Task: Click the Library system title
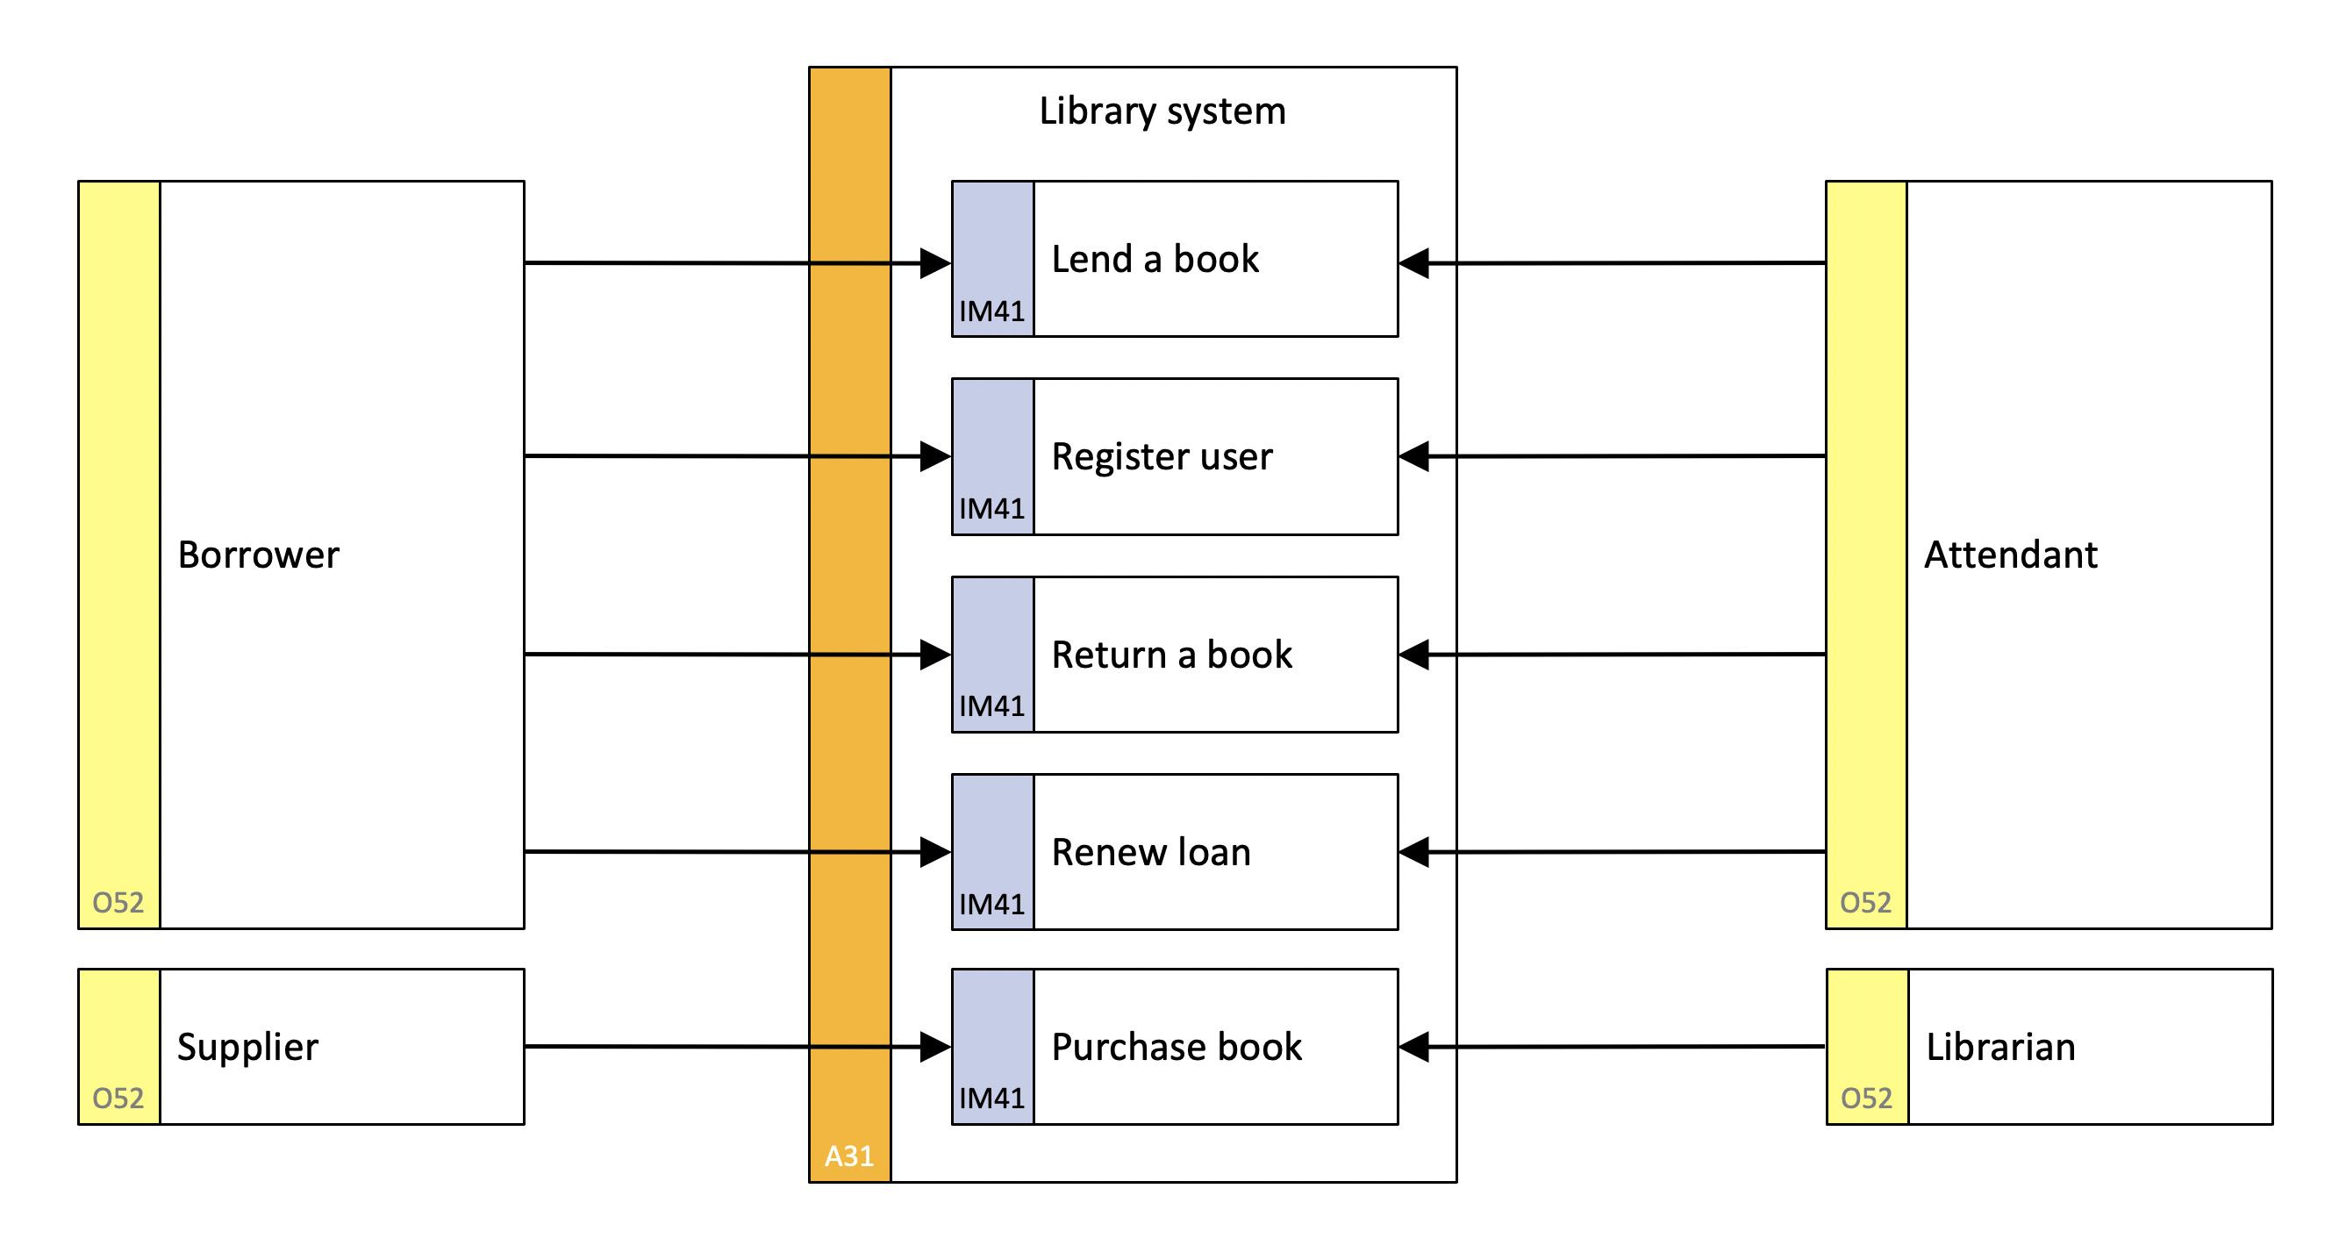1162,111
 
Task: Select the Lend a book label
1155,260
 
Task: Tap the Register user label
1162,456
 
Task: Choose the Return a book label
1171,655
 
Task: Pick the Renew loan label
1151,853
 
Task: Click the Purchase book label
1177,1048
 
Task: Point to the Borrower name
259,555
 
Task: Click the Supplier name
248,1048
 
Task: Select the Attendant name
2011,555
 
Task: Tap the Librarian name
2001,1048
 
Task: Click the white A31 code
849,1156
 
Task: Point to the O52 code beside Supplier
118,1099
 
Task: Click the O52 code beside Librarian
1867,1099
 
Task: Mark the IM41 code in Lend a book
992,311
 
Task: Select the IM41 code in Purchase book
992,1099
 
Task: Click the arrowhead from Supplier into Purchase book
936,1047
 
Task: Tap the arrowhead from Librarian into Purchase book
1413,1047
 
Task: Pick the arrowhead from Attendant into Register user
1413,456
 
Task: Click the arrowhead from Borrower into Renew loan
936,853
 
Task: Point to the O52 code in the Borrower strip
118,903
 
